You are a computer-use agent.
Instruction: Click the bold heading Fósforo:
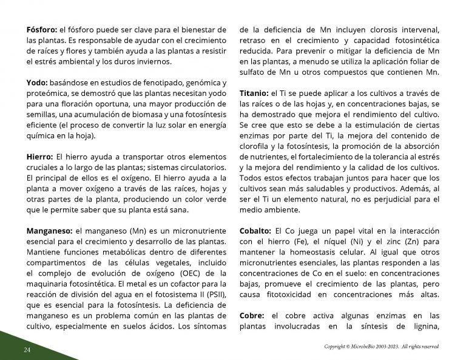(42, 29)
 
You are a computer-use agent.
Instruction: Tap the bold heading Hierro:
(39, 157)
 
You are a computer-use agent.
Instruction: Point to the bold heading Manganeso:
(49, 231)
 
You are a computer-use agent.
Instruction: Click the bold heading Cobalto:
(255, 231)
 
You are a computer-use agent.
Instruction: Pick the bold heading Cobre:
(252, 316)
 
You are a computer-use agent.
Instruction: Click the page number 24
(27, 350)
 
